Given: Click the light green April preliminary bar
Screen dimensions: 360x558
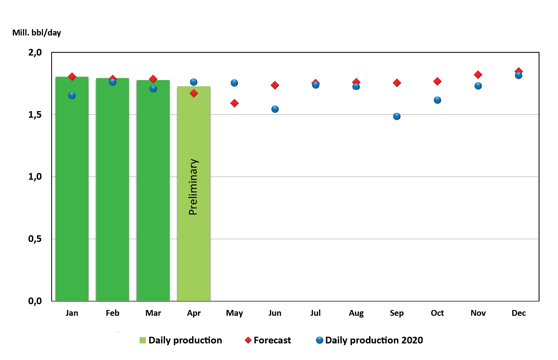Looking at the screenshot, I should pyautogui.click(x=194, y=247).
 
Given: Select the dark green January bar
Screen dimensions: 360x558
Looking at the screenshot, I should pyautogui.click(x=72, y=189).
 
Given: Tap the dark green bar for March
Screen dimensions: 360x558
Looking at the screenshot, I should pyautogui.click(x=153, y=189).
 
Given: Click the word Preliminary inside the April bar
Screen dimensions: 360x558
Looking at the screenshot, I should pyautogui.click(x=193, y=187).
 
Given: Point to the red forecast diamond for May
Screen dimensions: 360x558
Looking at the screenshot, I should pyautogui.click(x=235, y=103).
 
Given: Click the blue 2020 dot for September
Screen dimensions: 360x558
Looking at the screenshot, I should pyautogui.click(x=397, y=117).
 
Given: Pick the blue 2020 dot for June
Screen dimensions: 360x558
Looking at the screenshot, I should pyautogui.click(x=275, y=109).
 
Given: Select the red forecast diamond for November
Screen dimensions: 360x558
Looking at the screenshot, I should pyautogui.click(x=478, y=75).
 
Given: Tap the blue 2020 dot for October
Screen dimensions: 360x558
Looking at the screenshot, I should pyautogui.click(x=437, y=100).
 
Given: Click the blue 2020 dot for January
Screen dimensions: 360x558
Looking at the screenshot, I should pyautogui.click(x=72, y=96).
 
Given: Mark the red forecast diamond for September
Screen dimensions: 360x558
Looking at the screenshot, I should pyautogui.click(x=397, y=83).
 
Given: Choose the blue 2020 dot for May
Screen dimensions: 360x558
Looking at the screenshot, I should pyautogui.click(x=234, y=83).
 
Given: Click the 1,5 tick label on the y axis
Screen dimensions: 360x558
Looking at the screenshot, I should pyautogui.click(x=35, y=115).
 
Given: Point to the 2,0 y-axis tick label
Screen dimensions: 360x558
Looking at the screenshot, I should pyautogui.click(x=35, y=53).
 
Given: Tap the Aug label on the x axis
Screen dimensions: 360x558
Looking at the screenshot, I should pyautogui.click(x=356, y=313).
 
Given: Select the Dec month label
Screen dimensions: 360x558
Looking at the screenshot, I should pyautogui.click(x=518, y=313).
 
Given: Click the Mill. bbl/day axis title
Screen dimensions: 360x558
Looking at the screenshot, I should pyautogui.click(x=37, y=33).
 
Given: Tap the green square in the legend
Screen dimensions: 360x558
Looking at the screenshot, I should pyautogui.click(x=143, y=340).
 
